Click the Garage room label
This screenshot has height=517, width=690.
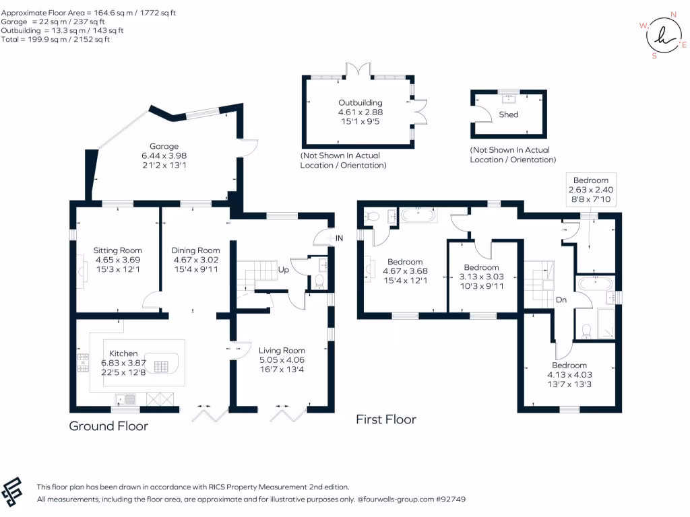164,146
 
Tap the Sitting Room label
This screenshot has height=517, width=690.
117,250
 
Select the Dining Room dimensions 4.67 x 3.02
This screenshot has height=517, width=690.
196,260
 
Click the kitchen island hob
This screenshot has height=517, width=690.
161,366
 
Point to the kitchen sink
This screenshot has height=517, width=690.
125,399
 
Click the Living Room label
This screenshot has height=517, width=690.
282,350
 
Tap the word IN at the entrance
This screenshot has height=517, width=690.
340,238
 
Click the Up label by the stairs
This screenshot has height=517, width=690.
284,269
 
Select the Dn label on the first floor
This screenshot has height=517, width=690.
561,300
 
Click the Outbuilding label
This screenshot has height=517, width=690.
360,102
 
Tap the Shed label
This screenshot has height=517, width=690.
509,114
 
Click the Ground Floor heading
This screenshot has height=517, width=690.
108,426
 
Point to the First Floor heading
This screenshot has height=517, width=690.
386,419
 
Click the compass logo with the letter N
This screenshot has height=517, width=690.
663,35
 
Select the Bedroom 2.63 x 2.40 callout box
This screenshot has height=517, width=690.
591,189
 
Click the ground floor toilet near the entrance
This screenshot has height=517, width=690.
319,281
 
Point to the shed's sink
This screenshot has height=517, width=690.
509,98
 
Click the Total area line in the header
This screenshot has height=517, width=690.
55,39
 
